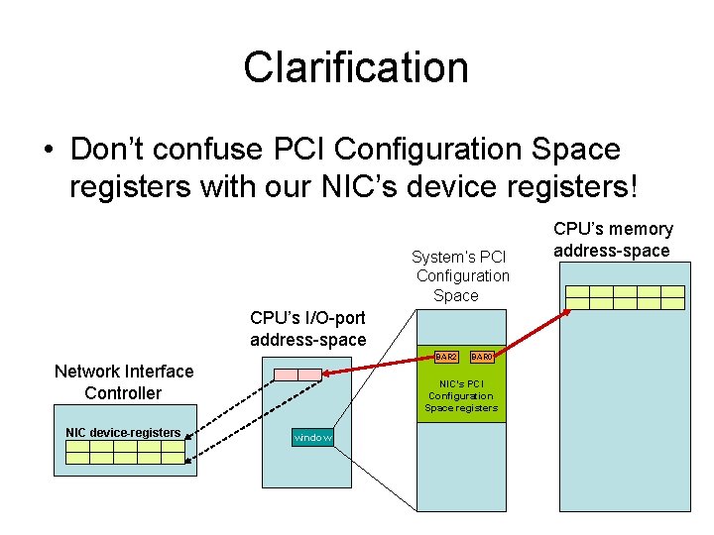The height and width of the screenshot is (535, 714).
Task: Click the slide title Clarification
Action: click(x=356, y=67)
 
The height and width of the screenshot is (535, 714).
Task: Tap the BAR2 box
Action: click(x=446, y=356)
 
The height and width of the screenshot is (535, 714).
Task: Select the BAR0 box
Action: click(x=481, y=356)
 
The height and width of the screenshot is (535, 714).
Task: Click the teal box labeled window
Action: click(x=312, y=437)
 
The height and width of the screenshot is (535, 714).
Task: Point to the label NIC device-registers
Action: click(x=123, y=432)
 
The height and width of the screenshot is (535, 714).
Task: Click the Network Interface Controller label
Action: click(x=124, y=382)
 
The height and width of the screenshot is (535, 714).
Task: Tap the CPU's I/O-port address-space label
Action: click(x=307, y=329)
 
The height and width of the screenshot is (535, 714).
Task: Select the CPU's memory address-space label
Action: click(x=612, y=240)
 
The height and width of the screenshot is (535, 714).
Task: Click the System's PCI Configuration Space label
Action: click(x=461, y=276)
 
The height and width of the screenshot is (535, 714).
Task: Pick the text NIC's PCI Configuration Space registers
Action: click(x=461, y=396)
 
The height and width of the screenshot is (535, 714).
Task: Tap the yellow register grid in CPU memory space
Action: click(x=625, y=297)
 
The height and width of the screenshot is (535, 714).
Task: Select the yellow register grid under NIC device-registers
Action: click(x=125, y=453)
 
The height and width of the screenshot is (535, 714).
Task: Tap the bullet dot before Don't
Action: click(x=48, y=151)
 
